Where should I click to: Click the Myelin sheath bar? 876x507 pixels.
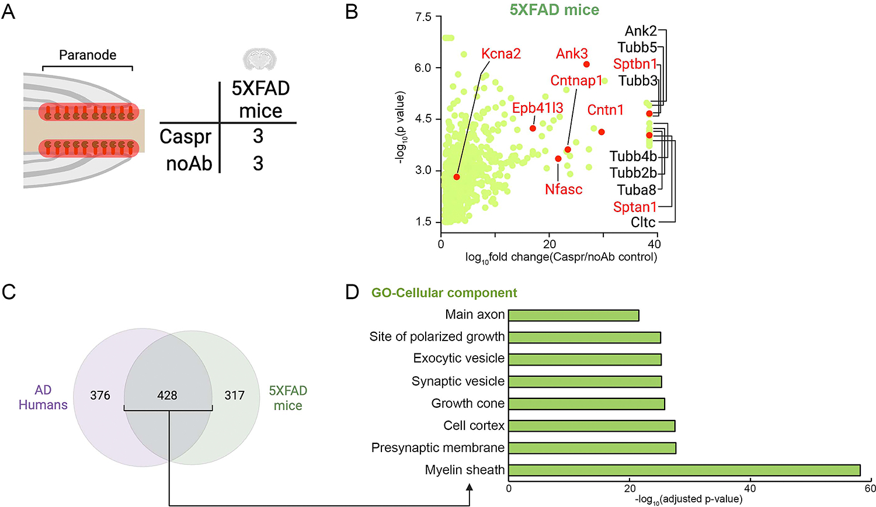point(684,470)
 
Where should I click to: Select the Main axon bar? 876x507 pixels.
point(573,315)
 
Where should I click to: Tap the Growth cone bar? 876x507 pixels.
point(586,404)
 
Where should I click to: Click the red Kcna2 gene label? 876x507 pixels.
point(501,54)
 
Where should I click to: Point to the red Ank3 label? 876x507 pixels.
point(572,54)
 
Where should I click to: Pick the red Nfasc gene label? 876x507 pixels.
point(564,189)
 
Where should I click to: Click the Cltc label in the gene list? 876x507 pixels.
point(643,223)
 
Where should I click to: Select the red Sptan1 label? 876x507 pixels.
point(635,207)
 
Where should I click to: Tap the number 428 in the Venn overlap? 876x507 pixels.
point(167,395)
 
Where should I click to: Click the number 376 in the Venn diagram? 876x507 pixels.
point(100,395)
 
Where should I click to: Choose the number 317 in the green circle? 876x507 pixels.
point(234,395)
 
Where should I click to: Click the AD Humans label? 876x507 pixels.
point(43,398)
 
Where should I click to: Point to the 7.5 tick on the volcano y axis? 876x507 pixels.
point(423,18)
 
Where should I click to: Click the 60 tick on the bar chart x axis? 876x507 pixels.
point(870,488)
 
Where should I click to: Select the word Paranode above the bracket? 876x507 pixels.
point(88,55)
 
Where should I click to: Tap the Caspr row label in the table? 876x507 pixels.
point(185,137)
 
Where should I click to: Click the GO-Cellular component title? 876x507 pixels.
point(444,293)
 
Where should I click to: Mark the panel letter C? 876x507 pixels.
point(9,292)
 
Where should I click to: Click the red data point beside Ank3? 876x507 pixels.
point(586,64)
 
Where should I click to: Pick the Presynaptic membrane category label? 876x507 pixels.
point(437,448)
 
